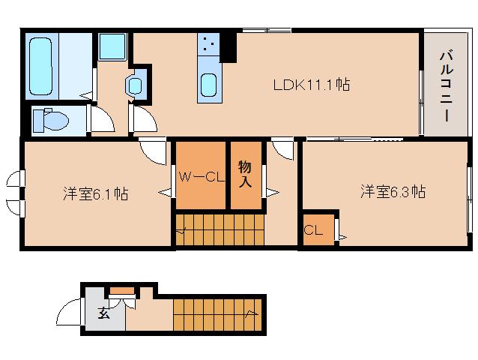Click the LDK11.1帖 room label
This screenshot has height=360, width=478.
coord(311,85)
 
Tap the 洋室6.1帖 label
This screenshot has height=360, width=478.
coord(96,194)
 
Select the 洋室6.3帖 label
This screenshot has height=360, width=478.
coord(393,192)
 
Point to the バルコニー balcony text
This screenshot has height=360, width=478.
coord(447,86)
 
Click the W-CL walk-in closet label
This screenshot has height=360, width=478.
coord(202,177)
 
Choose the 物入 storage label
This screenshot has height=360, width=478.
coord(245,174)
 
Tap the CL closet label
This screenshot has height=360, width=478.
coord(313,229)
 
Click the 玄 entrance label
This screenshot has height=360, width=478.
coord(103,313)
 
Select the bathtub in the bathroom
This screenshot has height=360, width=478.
coord(40,66)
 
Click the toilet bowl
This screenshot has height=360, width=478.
coord(52,120)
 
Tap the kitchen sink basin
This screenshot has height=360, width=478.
coord(209,85)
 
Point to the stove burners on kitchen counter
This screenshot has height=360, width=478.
coord(208,44)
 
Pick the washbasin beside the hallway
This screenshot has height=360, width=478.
coord(135,85)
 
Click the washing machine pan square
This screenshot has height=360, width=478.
coord(112,46)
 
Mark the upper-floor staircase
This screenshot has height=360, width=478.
coord(220,229)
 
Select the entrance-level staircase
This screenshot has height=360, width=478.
coord(218,315)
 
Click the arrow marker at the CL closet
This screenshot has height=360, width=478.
coord(342,237)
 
